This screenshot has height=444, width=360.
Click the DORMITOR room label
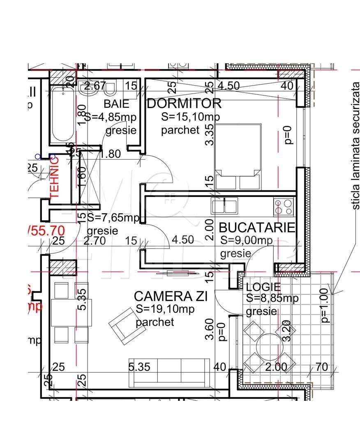coord(184,103)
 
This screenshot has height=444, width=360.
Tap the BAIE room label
coord(116,103)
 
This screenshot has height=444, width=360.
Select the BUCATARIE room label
coord(257,227)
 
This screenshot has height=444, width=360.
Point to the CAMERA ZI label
coord(171,296)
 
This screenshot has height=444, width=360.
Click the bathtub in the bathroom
coord(63,115)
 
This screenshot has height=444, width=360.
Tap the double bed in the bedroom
coord(238,156)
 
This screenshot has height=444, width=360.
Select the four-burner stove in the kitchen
coord(284,206)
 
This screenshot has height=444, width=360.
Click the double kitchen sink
coord(224,206)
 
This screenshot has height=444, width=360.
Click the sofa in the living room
coord(169,372)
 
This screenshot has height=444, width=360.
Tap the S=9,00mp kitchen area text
coord(246,240)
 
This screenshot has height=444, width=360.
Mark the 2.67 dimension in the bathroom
coord(95,86)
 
